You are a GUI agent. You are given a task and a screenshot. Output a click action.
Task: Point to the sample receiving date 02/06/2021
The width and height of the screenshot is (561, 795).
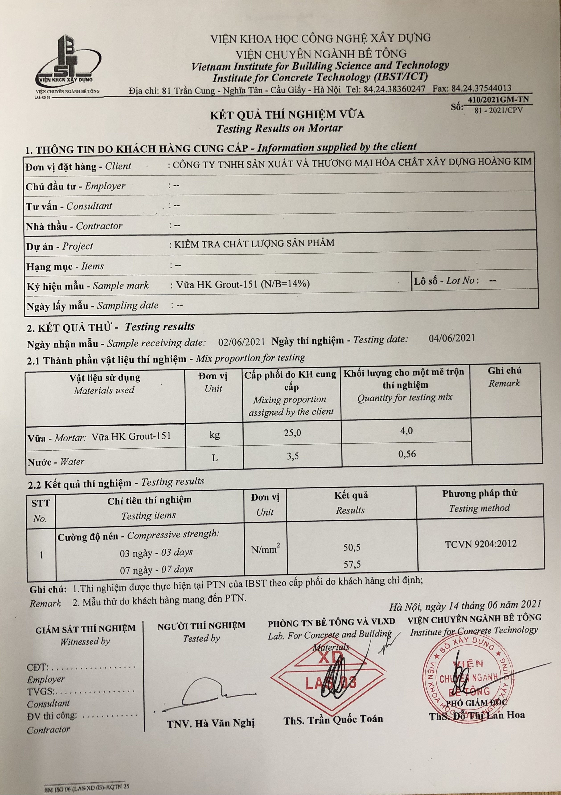tap(242, 342)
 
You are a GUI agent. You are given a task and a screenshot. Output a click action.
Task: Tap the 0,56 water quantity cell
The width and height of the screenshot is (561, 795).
tap(407, 454)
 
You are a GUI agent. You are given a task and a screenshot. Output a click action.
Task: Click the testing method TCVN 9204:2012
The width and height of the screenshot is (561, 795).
tap(481, 544)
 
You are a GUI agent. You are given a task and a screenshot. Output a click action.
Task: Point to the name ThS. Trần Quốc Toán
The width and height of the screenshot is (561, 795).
tap(333, 719)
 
